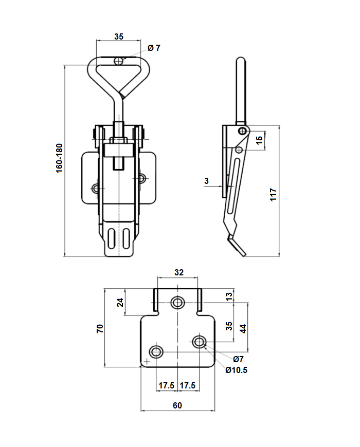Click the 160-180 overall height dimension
click(59, 158)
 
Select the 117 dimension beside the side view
click(274, 194)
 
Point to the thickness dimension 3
click(206, 181)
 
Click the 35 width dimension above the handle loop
click(118, 36)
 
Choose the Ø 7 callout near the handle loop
click(154, 48)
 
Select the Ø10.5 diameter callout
click(236, 369)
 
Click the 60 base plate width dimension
click(177, 405)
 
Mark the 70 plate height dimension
click(100, 328)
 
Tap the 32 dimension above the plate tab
click(178, 272)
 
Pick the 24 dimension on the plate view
click(120, 302)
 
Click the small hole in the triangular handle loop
click(119, 61)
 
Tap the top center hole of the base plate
click(178, 302)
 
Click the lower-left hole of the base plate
click(156, 352)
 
